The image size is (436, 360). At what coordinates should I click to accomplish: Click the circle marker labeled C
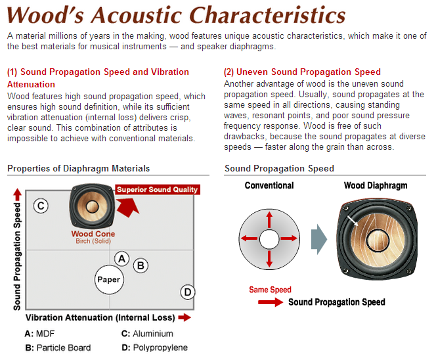pos(41,206)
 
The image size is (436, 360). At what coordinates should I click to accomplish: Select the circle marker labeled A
pos(121,259)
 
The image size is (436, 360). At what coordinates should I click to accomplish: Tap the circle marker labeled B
pos(141,265)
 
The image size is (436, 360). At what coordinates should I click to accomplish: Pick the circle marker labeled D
pos(188,292)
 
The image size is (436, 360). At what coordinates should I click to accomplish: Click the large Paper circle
pos(109,280)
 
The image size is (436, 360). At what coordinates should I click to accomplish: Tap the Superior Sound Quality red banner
pos(158,189)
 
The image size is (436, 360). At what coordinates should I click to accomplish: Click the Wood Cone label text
pos(93,234)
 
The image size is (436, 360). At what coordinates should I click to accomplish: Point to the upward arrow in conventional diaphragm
pos(269,220)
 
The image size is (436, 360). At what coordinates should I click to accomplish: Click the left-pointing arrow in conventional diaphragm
pos(249,238)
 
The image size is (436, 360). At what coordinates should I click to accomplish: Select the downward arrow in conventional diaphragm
pos(269,258)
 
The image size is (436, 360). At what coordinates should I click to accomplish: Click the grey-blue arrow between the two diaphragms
pos(319,239)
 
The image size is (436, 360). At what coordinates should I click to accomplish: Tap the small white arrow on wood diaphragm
pos(353,220)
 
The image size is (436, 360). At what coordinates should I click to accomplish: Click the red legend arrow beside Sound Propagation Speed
pos(271,302)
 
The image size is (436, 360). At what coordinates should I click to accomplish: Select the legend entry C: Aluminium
pos(147,334)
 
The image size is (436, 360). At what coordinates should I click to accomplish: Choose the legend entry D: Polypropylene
pos(154,348)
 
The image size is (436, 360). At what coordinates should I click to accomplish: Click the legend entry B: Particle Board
pos(58,348)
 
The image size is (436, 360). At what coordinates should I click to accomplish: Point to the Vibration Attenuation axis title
pos(100,317)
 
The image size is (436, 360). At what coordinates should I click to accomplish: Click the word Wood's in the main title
pos(45,14)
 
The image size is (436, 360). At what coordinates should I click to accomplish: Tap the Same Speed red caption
pos(270,290)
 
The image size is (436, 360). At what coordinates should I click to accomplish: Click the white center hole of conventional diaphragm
pos(269,239)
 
